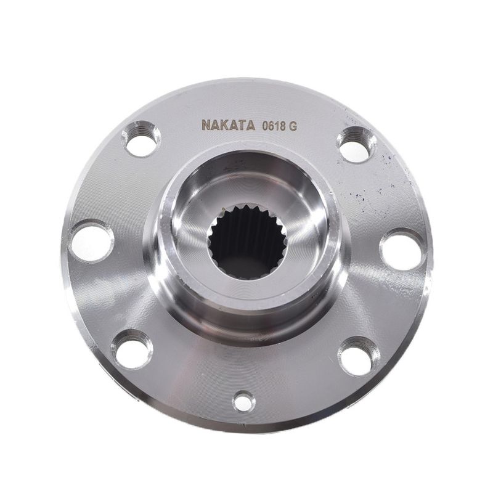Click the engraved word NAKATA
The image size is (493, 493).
click(228, 125)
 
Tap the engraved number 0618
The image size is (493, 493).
click(273, 126)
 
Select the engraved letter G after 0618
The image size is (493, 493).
click(292, 126)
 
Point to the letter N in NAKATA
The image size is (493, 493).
click(206, 125)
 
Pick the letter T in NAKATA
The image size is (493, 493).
click(242, 125)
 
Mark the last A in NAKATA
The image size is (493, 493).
click(250, 125)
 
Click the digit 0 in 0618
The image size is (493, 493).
click(265, 126)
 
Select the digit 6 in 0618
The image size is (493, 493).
click(271, 126)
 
